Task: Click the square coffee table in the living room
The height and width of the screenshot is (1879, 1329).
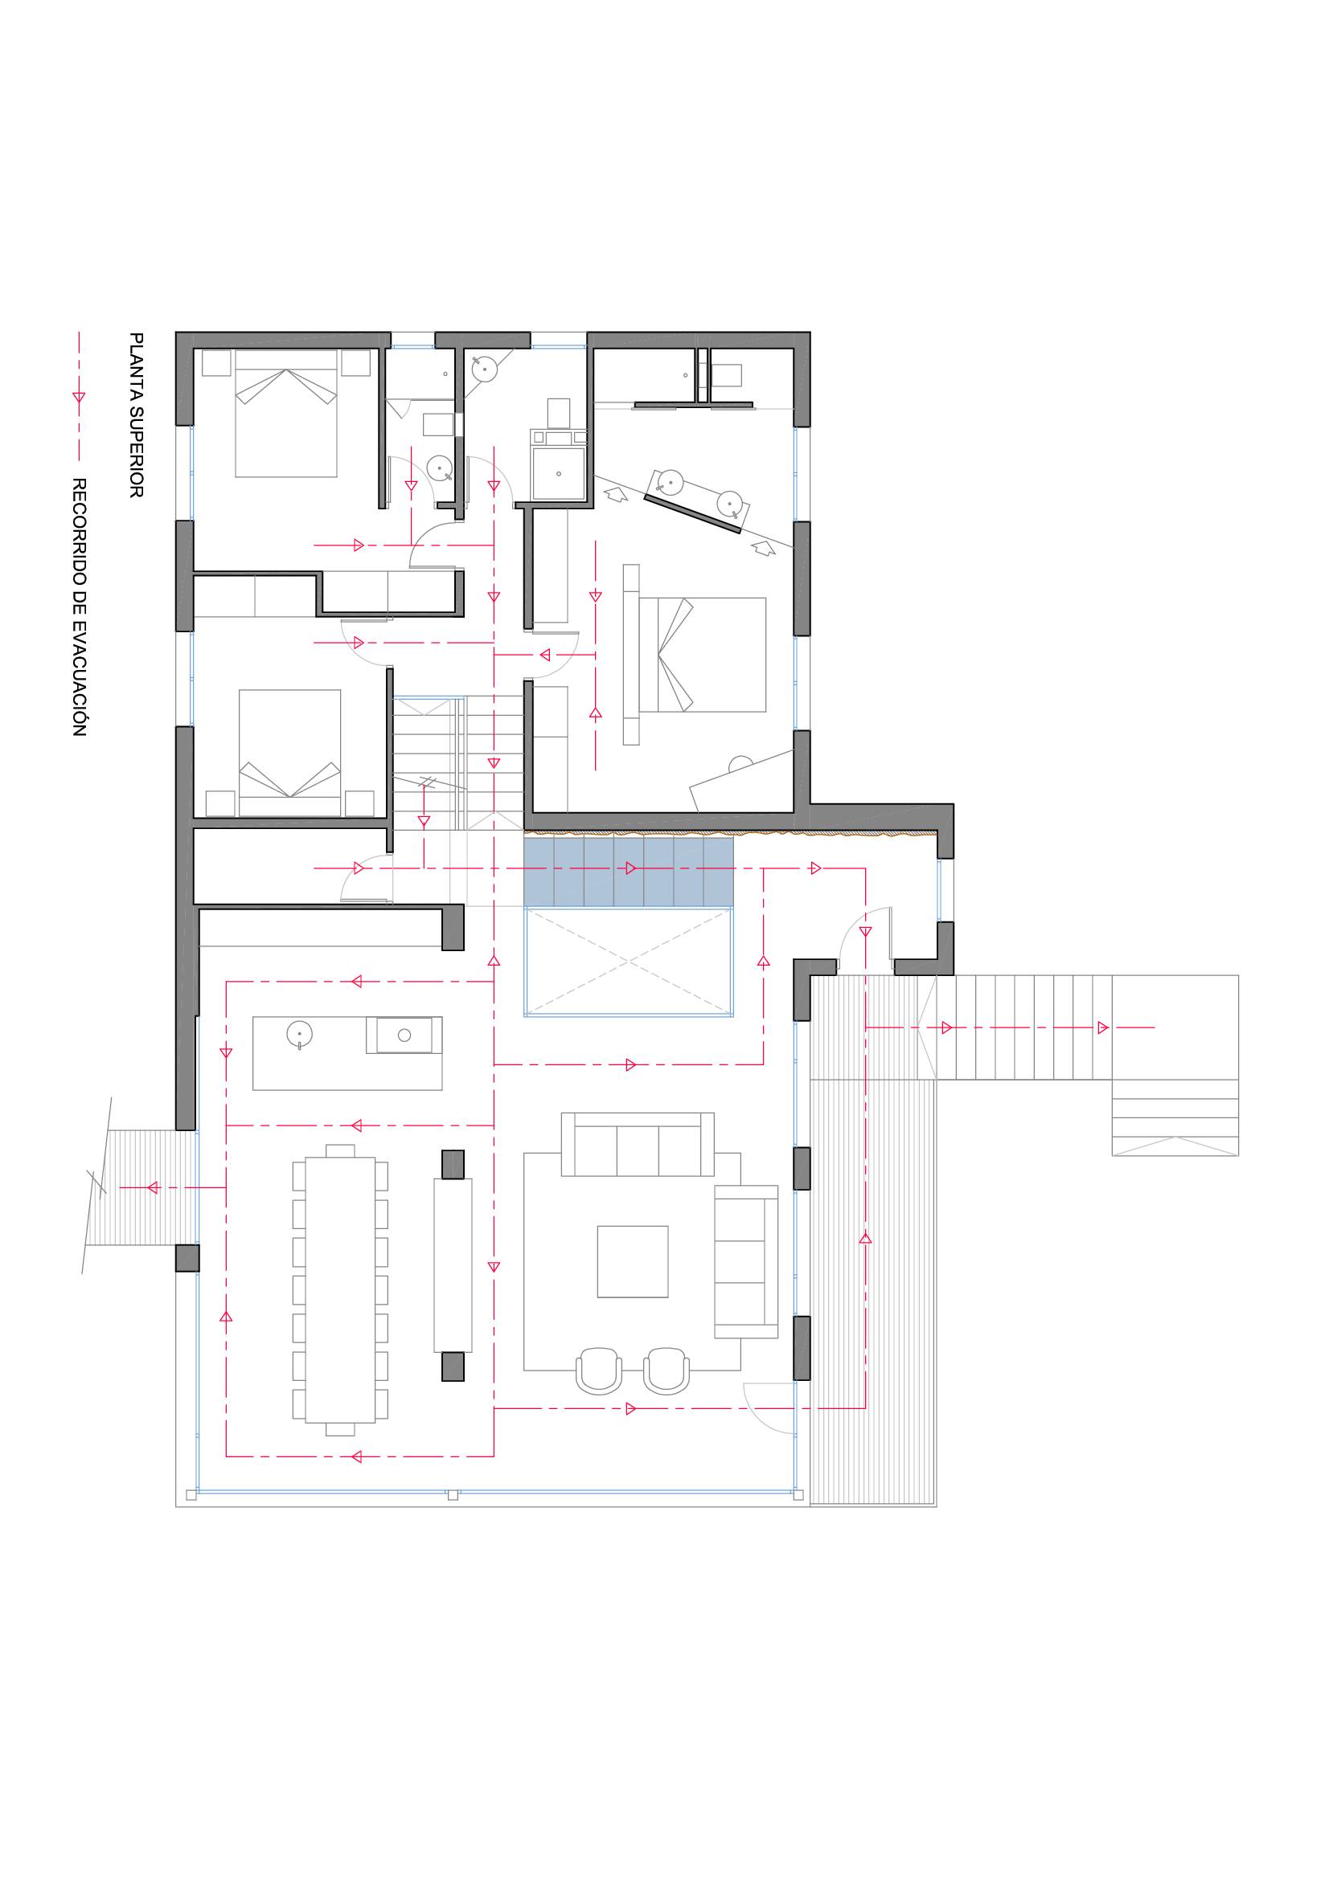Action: point(632,1261)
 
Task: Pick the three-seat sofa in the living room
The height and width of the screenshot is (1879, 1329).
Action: point(637,1144)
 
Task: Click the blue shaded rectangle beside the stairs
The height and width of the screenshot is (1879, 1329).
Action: point(628,871)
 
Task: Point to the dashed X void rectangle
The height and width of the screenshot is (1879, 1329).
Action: point(628,962)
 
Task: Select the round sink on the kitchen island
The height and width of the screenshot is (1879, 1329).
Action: point(300,1033)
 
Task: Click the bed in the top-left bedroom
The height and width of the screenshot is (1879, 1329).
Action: point(285,413)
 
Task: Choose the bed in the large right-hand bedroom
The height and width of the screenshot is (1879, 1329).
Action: point(702,655)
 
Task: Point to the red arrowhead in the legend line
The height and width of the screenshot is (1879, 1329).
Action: point(79,397)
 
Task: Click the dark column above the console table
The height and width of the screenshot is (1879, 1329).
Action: point(453,1164)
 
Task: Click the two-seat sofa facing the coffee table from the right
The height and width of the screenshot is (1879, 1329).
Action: point(746,1261)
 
